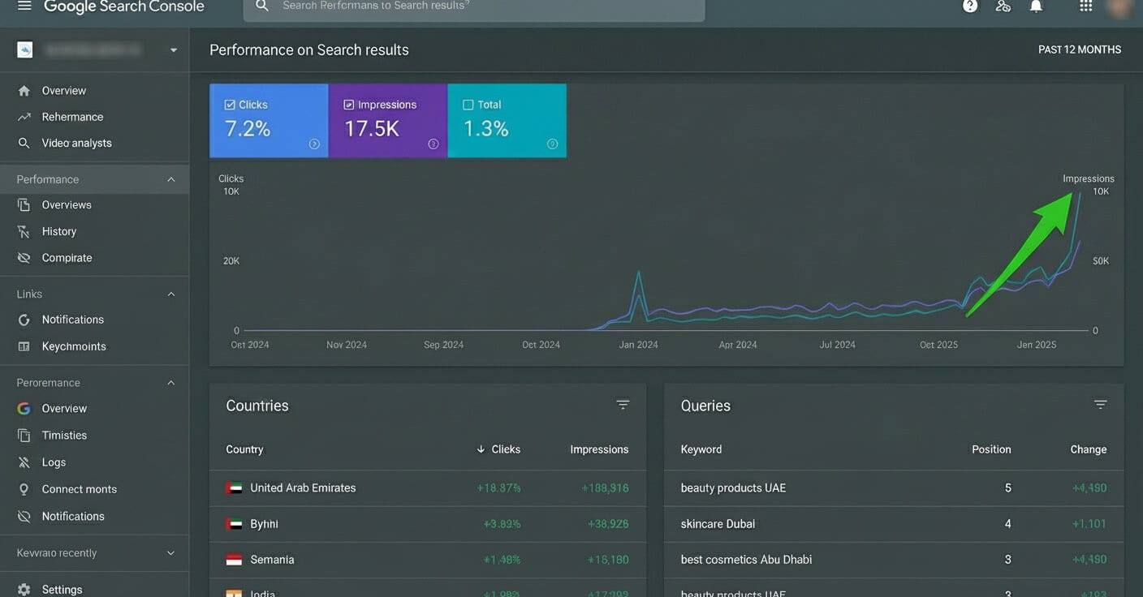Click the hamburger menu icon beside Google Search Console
click(24, 6)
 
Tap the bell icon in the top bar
click(1036, 6)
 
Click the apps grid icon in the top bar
click(1085, 6)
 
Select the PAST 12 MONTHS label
click(1079, 49)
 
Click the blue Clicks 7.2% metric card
click(269, 120)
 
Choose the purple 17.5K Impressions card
click(387, 120)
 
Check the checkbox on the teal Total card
click(468, 105)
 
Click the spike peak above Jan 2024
click(639, 273)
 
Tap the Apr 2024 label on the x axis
click(737, 345)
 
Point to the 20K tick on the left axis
click(231, 261)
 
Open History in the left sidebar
click(58, 231)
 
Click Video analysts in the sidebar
click(76, 143)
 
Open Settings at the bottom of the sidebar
click(62, 589)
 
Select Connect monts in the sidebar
click(79, 489)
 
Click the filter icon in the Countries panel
click(623, 405)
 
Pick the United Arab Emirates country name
click(302, 487)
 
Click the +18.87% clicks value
click(498, 488)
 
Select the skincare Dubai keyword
click(718, 524)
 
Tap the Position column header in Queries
click(990, 449)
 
